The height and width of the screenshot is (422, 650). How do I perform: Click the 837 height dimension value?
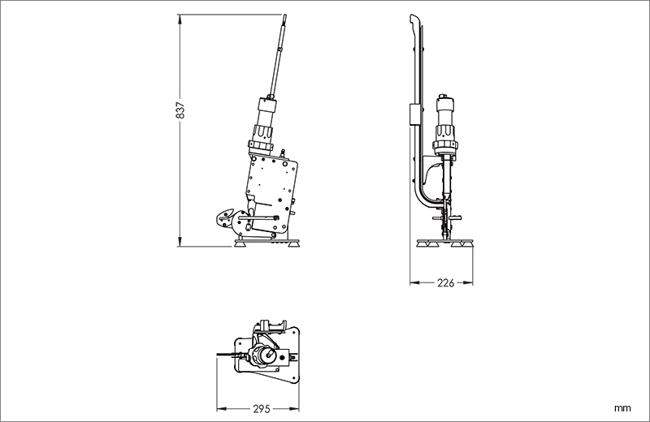coord(180,110)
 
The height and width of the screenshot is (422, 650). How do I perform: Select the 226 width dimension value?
coord(445,283)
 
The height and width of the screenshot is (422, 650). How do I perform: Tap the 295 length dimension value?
coord(262,409)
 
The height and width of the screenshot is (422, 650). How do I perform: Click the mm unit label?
coord(622,408)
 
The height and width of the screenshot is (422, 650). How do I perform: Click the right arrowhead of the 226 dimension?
coord(468,283)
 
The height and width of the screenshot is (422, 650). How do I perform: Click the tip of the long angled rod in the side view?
coord(285,15)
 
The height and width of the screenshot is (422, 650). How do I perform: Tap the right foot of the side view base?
coord(293,244)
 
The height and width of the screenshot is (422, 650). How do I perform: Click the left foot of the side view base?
coord(240,244)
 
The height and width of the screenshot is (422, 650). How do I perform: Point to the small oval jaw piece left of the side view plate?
coord(224,217)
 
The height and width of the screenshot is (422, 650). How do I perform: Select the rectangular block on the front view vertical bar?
coord(414,114)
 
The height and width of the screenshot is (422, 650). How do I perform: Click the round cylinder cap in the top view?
coord(263,355)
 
